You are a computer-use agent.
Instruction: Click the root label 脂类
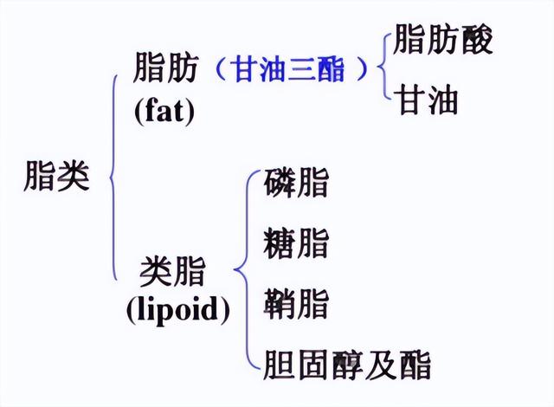pyautogui.click(x=57, y=178)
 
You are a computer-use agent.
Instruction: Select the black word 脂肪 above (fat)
pyautogui.click(x=165, y=68)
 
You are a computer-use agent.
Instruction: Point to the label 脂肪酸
pyautogui.click(x=443, y=41)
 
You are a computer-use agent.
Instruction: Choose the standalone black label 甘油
pyautogui.click(x=427, y=101)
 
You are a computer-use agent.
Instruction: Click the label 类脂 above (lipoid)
pyautogui.click(x=173, y=272)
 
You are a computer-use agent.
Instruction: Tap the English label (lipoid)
pyautogui.click(x=178, y=308)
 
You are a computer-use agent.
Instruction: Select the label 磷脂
pyautogui.click(x=296, y=183)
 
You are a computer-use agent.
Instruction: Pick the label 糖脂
pyautogui.click(x=296, y=243)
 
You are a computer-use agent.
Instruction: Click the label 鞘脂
pyautogui.click(x=296, y=304)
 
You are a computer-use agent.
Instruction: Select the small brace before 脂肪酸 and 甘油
pyautogui.click(x=383, y=69)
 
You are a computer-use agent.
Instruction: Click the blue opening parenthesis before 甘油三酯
pyautogui.click(x=217, y=69)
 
